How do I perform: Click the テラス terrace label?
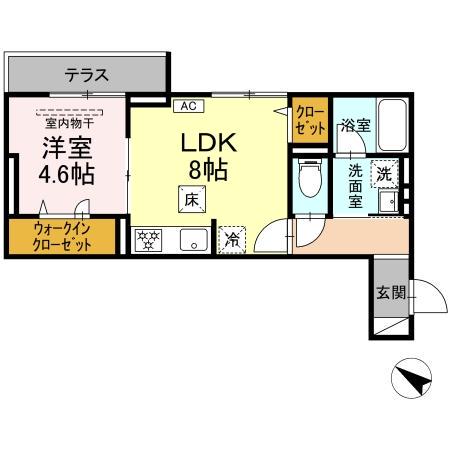(86, 74)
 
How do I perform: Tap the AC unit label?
(187, 105)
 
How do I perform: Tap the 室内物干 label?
(68, 122)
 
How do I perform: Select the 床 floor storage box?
(189, 199)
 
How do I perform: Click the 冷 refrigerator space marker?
(231, 238)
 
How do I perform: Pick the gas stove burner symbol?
(149, 240)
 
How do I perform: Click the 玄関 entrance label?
(390, 293)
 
